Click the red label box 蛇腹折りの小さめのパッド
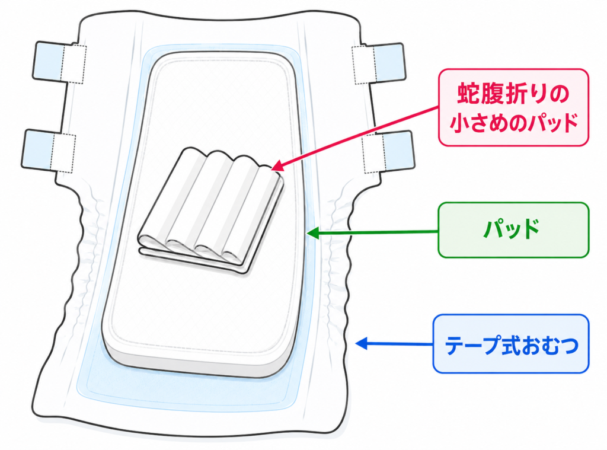coord(513,108)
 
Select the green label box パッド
coord(513,230)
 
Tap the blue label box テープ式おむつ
coord(511,344)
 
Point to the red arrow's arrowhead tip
coord(271,169)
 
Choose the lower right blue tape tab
coord(399,151)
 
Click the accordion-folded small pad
coord(211,211)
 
